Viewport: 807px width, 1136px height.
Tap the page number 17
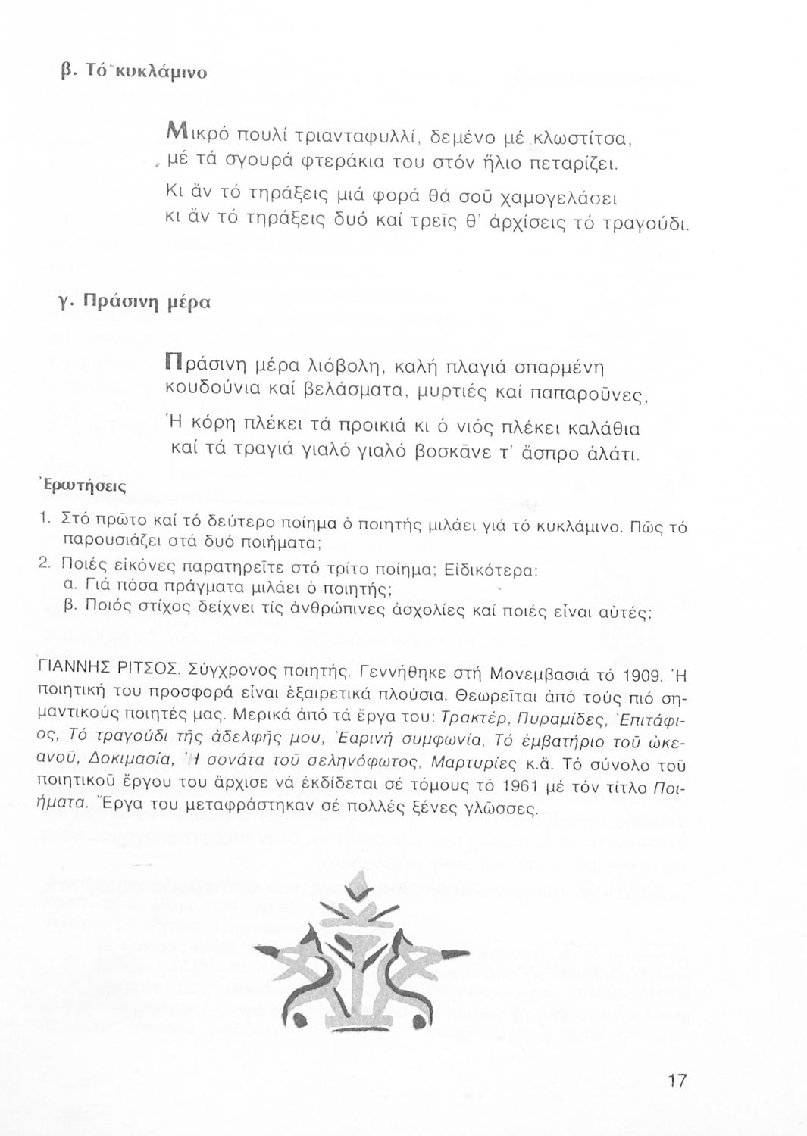coord(677,1080)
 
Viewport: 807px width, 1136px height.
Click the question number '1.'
coord(45,519)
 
